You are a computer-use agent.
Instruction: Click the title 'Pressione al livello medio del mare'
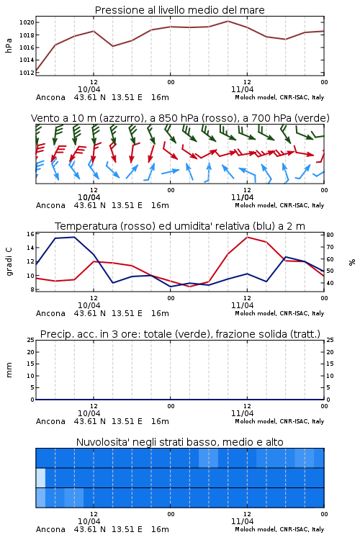click(x=179, y=10)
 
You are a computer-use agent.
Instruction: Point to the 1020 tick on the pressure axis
click(x=26, y=23)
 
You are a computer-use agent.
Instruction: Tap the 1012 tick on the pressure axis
click(x=26, y=73)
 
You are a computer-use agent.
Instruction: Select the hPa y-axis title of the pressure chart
click(x=9, y=45)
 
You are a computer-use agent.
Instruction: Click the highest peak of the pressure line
click(x=228, y=21)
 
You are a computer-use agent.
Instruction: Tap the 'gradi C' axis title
click(x=9, y=262)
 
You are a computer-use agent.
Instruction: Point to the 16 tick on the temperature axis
click(x=30, y=234)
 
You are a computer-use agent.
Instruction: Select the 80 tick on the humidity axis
click(x=330, y=235)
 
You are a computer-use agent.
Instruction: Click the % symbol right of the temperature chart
click(x=352, y=262)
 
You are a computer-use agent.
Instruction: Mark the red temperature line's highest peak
click(x=247, y=237)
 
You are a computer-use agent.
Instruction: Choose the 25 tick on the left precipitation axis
click(x=30, y=340)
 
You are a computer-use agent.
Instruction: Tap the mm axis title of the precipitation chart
click(x=9, y=370)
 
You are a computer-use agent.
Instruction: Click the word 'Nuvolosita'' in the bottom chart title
click(x=103, y=442)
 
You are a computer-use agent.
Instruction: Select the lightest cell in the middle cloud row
click(x=40, y=477)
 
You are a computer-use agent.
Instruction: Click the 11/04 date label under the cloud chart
click(x=242, y=521)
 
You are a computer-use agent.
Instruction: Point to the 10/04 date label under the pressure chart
click(x=89, y=89)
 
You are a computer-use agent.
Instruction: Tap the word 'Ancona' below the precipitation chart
click(x=50, y=421)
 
